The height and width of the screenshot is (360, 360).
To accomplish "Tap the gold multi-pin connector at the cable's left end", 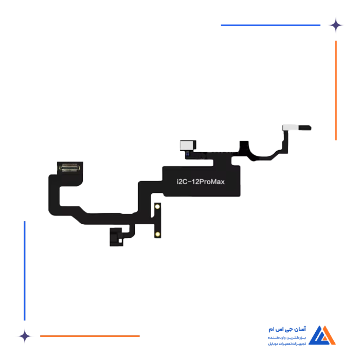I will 71,167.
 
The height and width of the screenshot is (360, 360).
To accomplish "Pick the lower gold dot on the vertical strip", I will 158,235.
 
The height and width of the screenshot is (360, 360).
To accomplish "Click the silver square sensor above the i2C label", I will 184,145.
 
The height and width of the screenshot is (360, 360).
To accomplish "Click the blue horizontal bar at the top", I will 269,25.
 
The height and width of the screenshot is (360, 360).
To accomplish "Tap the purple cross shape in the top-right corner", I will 341,25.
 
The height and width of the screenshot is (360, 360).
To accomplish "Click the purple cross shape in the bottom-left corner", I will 24,335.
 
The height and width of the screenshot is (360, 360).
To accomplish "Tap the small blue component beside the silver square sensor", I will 189,153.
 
